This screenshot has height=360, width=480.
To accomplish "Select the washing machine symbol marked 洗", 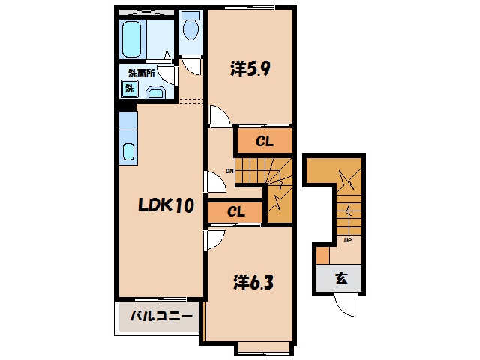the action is pyautogui.click(x=130, y=88).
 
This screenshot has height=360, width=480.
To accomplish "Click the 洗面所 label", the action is pyautogui.click(x=142, y=73).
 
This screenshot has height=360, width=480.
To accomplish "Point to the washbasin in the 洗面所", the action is pyautogui.click(x=156, y=92).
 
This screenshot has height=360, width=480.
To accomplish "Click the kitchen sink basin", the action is pyautogui.click(x=129, y=151).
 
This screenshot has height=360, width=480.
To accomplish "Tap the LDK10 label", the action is pyautogui.click(x=166, y=205).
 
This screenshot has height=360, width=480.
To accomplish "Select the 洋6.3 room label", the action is pyautogui.click(x=253, y=282).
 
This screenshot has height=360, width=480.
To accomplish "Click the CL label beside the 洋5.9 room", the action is pyautogui.click(x=265, y=141).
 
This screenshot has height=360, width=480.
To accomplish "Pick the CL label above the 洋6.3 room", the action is pyautogui.click(x=236, y=211).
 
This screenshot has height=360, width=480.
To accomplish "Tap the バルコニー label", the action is pyautogui.click(x=161, y=315).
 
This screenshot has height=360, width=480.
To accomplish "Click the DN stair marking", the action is pyautogui.click(x=229, y=171).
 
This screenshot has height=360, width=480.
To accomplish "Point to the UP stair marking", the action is pyautogui.click(x=348, y=240).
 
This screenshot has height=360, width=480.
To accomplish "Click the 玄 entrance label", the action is pyautogui.click(x=341, y=278).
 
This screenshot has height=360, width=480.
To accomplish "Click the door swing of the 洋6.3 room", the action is pyautogui.click(x=215, y=241).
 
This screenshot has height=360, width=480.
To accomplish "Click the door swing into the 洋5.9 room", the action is pyautogui.click(x=219, y=115).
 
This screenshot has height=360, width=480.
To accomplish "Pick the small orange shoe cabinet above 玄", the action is pyautogui.click(x=322, y=255).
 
